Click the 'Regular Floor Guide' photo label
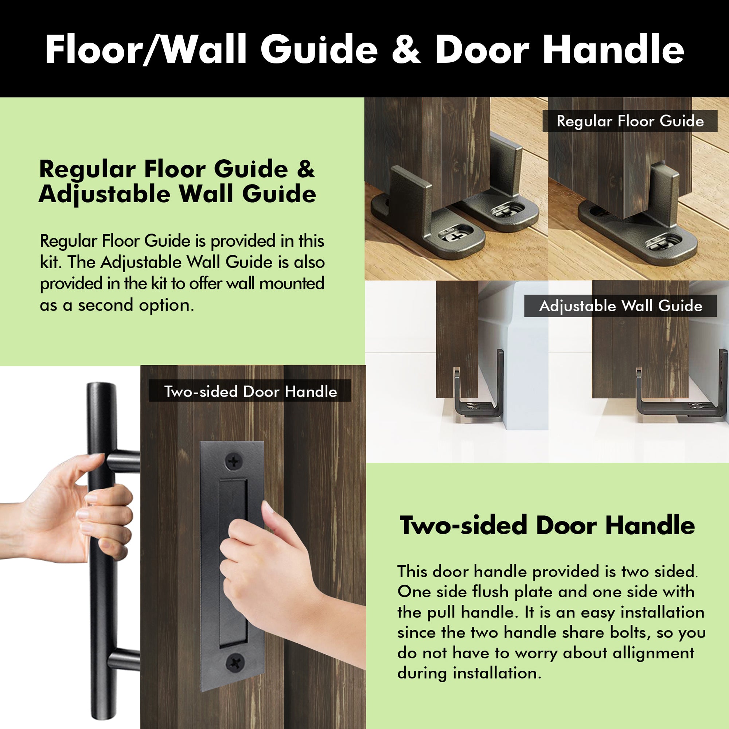[x=630, y=121]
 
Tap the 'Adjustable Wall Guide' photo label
[x=620, y=306]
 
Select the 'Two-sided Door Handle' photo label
[x=250, y=391]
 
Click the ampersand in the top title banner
[x=406, y=50]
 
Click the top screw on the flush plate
[x=234, y=461]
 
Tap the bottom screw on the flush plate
[x=235, y=662]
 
